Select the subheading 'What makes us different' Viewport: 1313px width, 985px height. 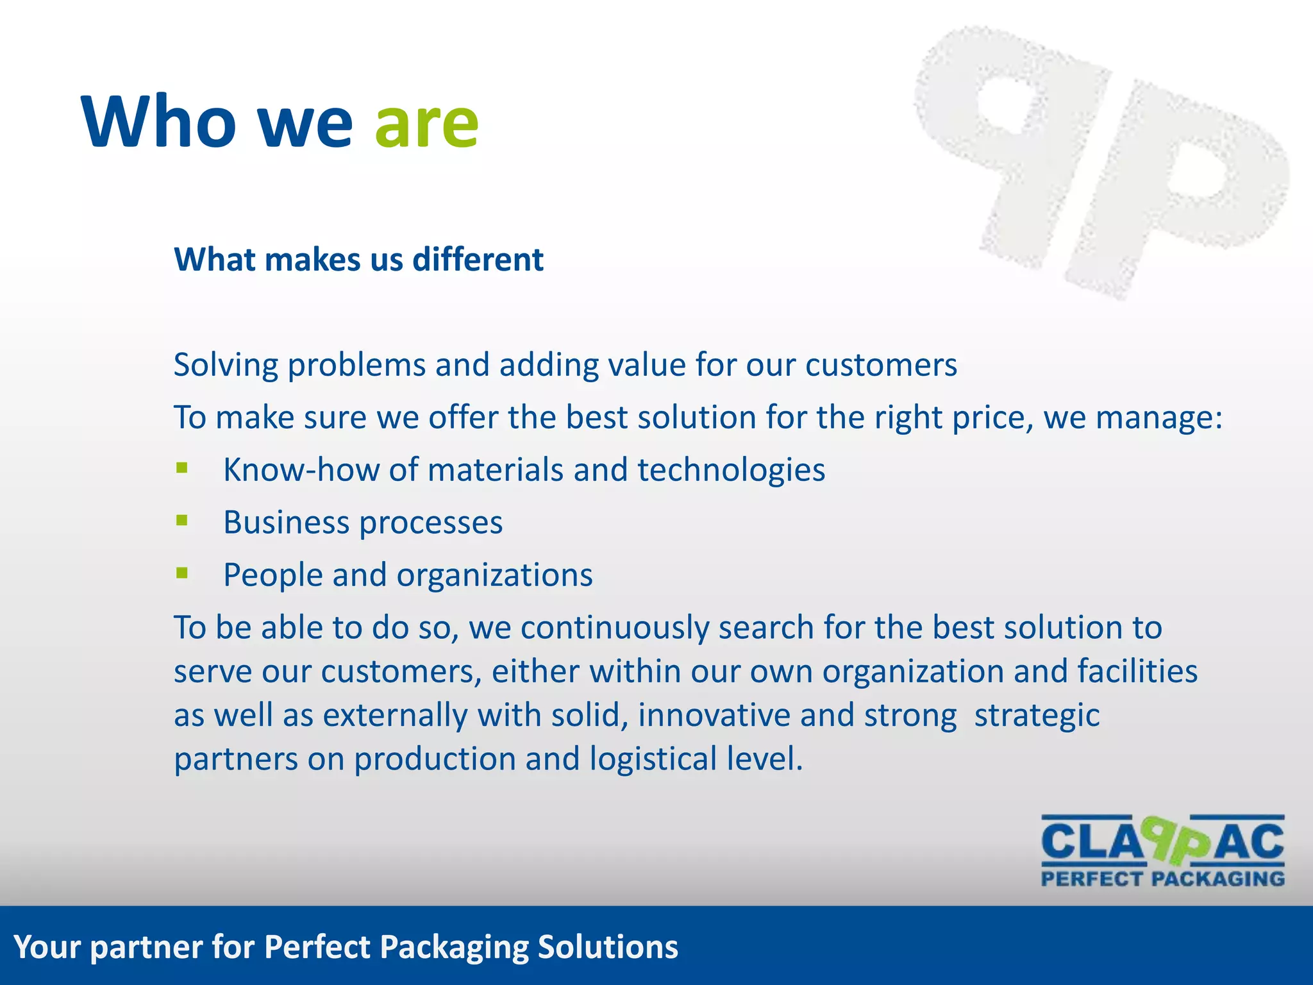click(x=358, y=260)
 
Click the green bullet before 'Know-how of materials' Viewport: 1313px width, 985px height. click(x=182, y=468)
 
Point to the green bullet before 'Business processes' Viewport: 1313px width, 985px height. click(x=182, y=520)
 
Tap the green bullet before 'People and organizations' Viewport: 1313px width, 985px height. click(x=182, y=573)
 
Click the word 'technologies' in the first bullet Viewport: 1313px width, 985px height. click(x=731, y=470)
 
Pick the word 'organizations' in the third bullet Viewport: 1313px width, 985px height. click(x=494, y=575)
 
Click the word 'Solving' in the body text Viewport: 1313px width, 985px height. click(x=226, y=366)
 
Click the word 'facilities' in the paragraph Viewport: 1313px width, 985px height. click(x=1137, y=671)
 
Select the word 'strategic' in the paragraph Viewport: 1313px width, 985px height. click(x=1037, y=716)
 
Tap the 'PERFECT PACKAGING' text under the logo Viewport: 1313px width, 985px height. click(x=1162, y=879)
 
